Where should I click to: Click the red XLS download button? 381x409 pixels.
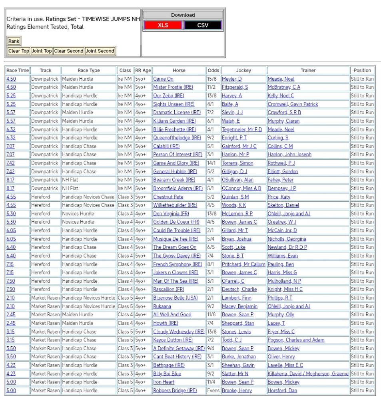pos(163,25)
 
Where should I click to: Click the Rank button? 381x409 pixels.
pos(14,41)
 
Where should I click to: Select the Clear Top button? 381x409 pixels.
pos(19,51)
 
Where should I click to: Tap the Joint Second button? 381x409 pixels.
pos(100,51)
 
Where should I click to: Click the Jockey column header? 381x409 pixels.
pos(243,70)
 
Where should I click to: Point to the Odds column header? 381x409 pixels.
pos(213,70)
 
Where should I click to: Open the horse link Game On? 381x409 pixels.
pos(163,79)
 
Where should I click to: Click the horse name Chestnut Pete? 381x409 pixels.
pos(168,197)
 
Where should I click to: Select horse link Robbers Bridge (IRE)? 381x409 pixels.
pos(175,391)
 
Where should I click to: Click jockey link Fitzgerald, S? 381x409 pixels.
pos(235,87)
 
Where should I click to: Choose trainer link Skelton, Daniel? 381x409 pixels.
pos(283,205)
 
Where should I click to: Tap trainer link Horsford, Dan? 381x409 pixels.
pos(282,391)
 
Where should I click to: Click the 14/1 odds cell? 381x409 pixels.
pos(213,163)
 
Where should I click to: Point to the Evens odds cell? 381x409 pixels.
pos(213,391)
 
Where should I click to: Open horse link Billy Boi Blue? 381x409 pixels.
pos(167,374)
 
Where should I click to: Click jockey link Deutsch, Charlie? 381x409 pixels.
pos(239,290)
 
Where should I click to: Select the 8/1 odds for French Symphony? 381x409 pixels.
pos(210,264)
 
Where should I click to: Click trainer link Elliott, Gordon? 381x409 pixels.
pos(283,172)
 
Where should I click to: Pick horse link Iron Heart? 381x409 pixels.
pos(164,382)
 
